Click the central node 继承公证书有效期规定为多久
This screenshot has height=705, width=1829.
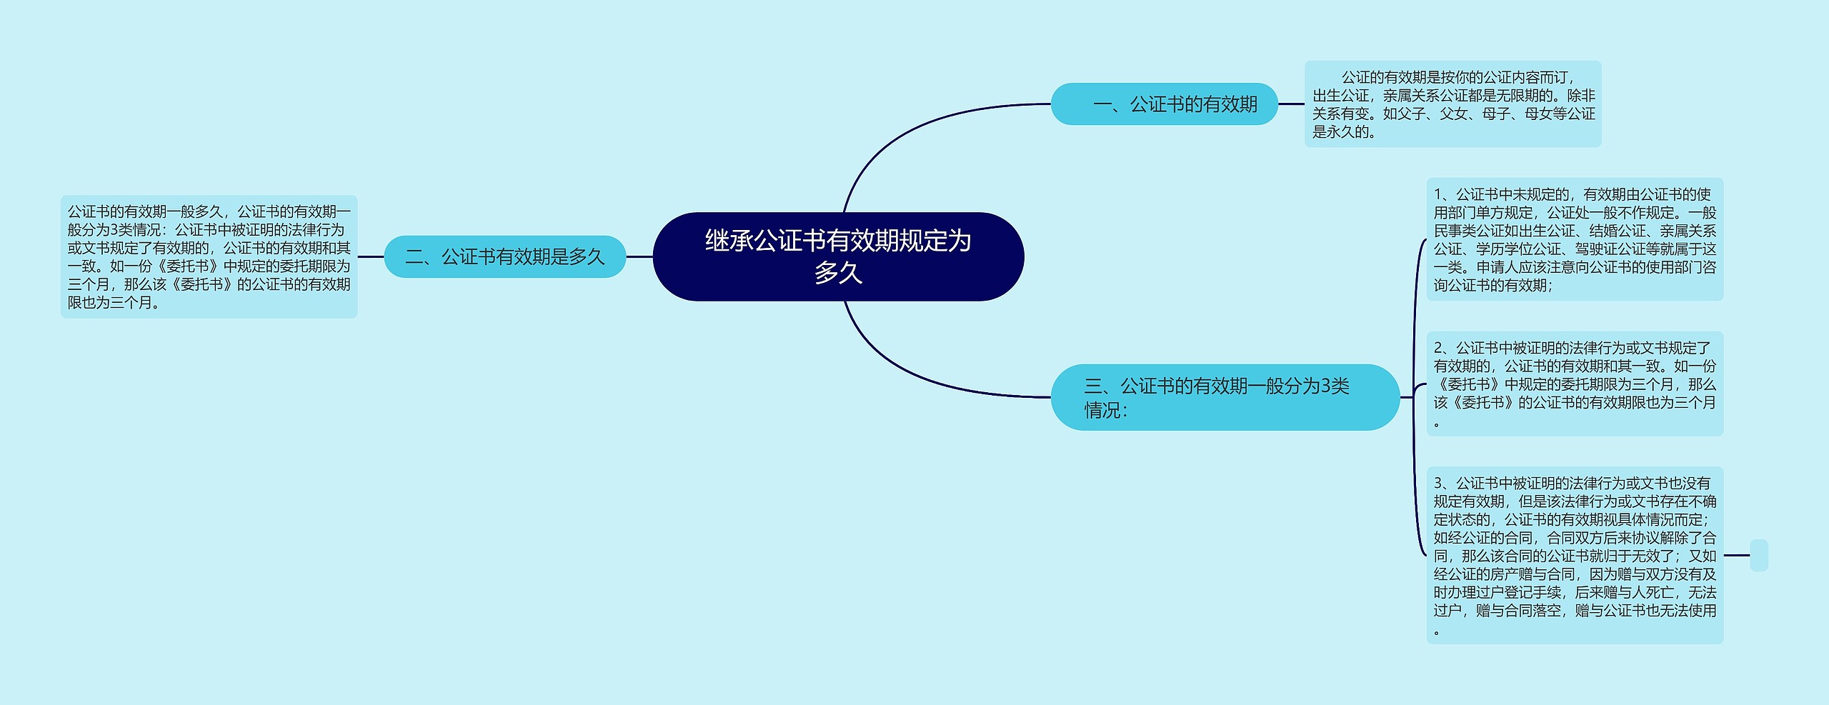[838, 256]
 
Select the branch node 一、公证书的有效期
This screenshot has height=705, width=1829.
[1164, 104]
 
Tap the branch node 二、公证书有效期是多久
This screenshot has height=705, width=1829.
[504, 256]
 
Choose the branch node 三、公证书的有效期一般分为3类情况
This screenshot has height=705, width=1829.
[1225, 397]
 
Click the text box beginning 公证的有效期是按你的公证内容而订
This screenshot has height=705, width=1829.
[1452, 104]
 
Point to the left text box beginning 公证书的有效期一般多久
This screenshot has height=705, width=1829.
[209, 256]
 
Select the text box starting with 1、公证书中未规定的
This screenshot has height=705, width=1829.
[1575, 239]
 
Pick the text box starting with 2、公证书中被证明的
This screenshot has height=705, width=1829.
[1575, 384]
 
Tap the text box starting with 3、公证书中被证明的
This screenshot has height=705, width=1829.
[1575, 555]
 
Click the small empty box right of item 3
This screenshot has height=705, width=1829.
[1759, 555]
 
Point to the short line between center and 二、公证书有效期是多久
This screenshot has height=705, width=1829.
[639, 256]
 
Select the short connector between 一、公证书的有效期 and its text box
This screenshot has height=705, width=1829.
[1291, 104]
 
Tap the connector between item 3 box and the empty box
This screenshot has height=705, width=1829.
[1737, 555]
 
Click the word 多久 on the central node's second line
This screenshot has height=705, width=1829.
[838, 273]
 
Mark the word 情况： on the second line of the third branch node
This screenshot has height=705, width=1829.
[1106, 411]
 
